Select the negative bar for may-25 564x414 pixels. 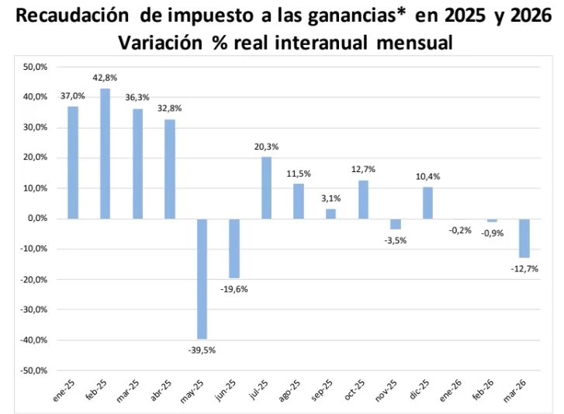pyautogui.click(x=202, y=279)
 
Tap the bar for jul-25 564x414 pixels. pyautogui.click(x=266, y=188)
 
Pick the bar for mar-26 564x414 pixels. pyautogui.click(x=524, y=238)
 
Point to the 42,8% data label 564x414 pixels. pyautogui.click(x=105, y=78)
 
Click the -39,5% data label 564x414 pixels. pyautogui.click(x=202, y=350)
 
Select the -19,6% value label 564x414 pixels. pyautogui.click(x=234, y=288)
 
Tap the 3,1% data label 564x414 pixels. pyautogui.click(x=330, y=198)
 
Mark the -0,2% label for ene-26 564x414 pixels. pyautogui.click(x=459, y=229)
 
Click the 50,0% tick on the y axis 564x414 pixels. pyautogui.click(x=36, y=67)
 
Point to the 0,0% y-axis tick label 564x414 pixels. pyautogui.click(x=38, y=219)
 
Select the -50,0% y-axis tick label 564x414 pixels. pyautogui.click(x=33, y=371)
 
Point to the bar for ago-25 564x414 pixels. pyautogui.click(x=299, y=201)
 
